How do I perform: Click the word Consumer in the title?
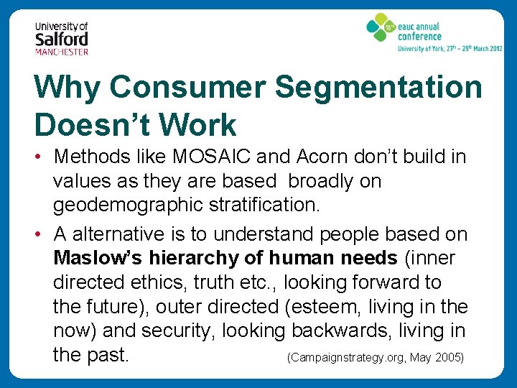188,88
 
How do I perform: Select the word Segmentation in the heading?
378,88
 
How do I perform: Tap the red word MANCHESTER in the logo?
62,52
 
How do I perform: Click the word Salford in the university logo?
62,39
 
